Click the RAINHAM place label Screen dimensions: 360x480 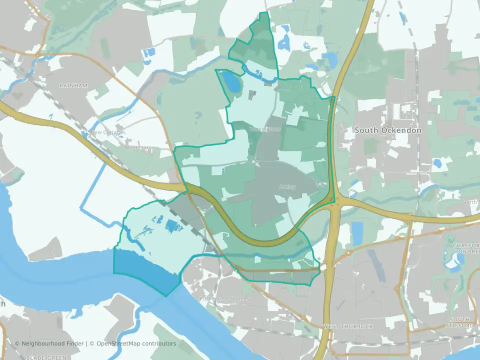[x=73, y=85]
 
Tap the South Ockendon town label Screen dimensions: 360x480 [x=388, y=130]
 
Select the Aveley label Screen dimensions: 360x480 [x=287, y=187]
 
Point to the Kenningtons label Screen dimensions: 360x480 [x=265, y=129]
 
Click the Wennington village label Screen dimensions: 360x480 [x=140, y=148]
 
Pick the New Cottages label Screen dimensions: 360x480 [x=108, y=132]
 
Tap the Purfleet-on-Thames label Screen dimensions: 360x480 [x=224, y=299]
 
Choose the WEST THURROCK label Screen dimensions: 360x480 [x=347, y=326]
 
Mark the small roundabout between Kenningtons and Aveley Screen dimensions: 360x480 [x=256, y=161]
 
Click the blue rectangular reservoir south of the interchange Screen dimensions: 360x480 [x=357, y=233]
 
